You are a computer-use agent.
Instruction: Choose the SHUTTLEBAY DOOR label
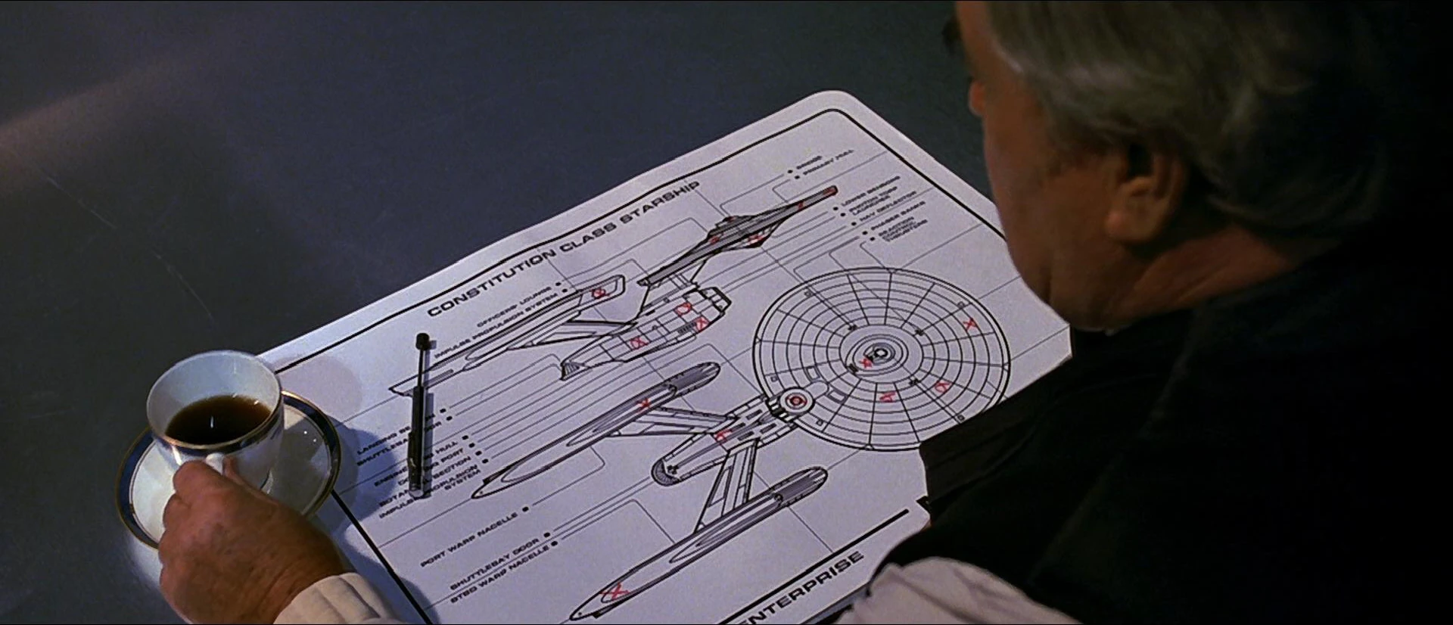pyautogui.click(x=496, y=564)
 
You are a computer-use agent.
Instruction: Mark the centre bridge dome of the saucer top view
pyautogui.click(x=880, y=353)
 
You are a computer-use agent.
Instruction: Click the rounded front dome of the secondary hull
pyautogui.click(x=670, y=474)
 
